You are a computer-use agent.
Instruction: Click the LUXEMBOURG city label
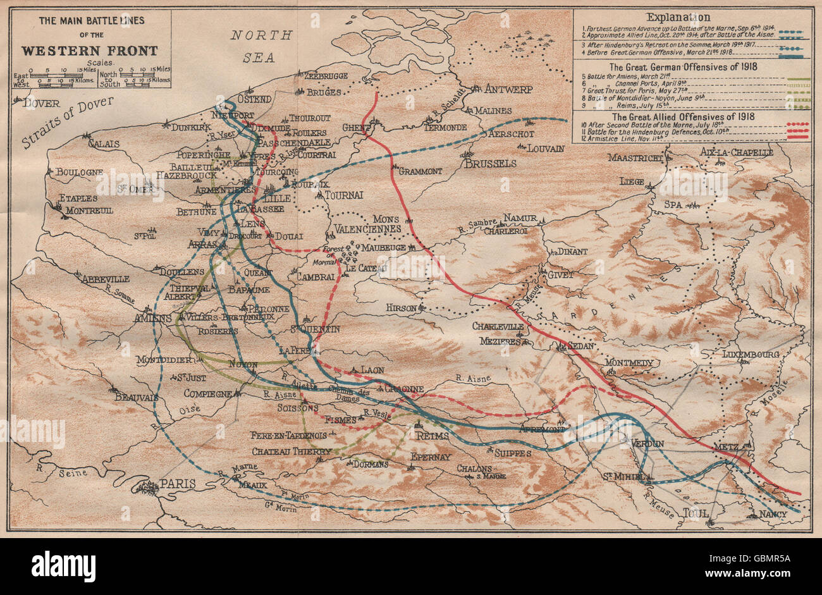tap(750, 354)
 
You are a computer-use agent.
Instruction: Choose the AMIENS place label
tap(152, 319)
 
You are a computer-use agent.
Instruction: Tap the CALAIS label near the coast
tap(104, 144)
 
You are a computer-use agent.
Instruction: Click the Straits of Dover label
tap(66, 122)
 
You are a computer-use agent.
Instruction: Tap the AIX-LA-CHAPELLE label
tap(737, 152)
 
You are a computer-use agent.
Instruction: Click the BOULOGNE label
tap(79, 172)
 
